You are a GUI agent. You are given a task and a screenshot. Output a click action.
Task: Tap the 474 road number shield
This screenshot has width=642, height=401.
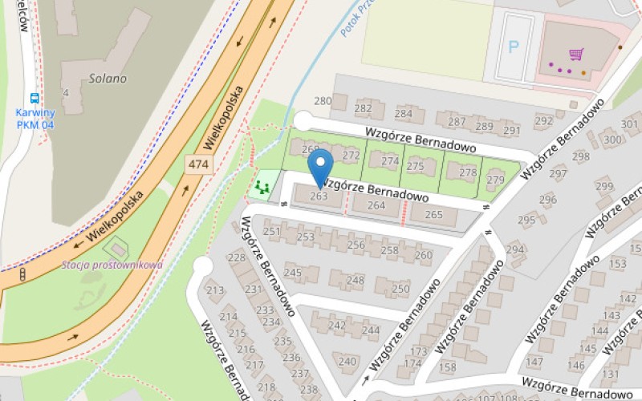(x=198, y=164)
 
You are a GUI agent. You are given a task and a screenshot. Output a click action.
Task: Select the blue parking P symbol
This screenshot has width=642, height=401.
(x=514, y=46)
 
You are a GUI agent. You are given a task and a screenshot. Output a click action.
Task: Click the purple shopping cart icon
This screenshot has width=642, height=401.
(x=575, y=55)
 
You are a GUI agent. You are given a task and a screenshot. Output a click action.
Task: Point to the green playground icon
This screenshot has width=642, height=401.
(x=260, y=188)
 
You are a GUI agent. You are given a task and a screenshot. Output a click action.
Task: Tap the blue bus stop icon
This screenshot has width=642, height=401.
(x=35, y=99)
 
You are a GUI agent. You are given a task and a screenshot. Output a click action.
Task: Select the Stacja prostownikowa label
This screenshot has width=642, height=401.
(x=112, y=265)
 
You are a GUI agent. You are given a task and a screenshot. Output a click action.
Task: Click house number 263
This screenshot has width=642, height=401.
(x=319, y=196)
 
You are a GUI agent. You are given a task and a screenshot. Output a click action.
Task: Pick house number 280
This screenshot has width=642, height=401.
(x=323, y=101)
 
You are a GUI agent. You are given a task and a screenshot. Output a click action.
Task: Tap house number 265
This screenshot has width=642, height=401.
(x=433, y=214)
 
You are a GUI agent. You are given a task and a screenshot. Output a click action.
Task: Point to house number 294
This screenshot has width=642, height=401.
(x=514, y=249)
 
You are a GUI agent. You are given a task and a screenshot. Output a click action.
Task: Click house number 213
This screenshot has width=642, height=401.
(x=215, y=290)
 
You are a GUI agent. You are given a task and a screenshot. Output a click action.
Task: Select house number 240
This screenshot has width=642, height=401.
(x=347, y=362)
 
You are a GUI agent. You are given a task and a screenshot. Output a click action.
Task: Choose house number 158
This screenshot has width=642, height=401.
(x=447, y=367)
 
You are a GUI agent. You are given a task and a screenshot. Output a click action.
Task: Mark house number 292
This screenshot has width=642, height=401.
(x=544, y=121)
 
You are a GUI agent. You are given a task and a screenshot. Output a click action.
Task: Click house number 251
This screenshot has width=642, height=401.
(x=273, y=232)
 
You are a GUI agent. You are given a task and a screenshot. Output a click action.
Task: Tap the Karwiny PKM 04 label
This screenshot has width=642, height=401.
(x=35, y=119)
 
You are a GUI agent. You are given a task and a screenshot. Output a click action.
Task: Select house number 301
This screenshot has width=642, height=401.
(x=631, y=124)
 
